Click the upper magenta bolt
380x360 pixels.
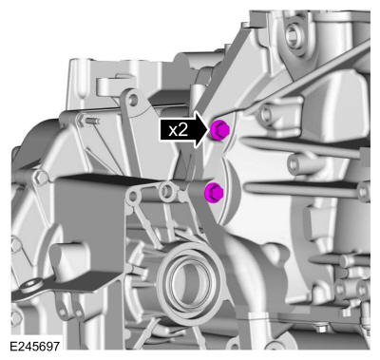coord(219,129)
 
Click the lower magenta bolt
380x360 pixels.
coord(214,193)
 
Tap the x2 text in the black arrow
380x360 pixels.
coord(178,130)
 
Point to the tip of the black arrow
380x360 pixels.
coord(210,129)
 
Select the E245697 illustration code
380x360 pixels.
coord(35,346)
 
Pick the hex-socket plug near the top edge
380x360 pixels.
coord(293,35)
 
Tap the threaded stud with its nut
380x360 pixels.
coord(87,121)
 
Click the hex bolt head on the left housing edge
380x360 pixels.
coord(40,179)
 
